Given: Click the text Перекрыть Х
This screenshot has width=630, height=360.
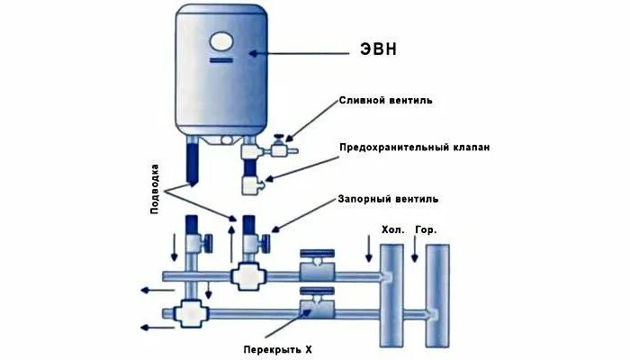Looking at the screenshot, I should (283, 348).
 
